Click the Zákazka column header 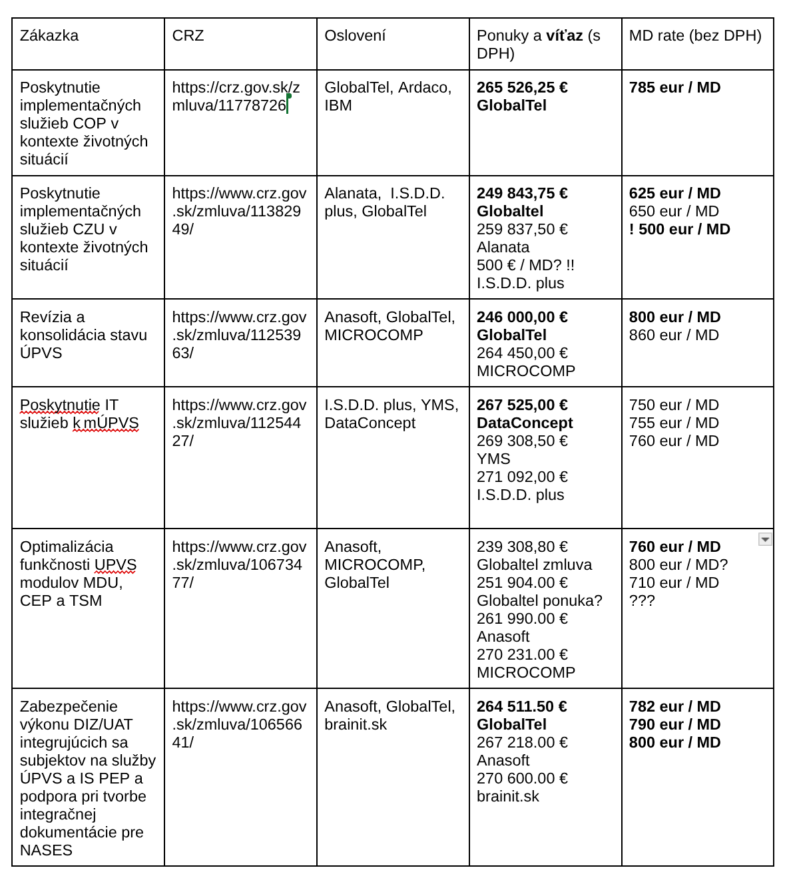[49, 36]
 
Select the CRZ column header [188, 36]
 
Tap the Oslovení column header [355, 36]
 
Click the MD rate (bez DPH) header [695, 36]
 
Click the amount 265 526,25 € [522, 88]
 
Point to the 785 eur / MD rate [674, 88]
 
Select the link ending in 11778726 [236, 97]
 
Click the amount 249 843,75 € [522, 194]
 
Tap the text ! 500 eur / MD [679, 230]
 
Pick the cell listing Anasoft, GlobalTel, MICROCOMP [390, 326]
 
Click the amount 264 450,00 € [522, 353]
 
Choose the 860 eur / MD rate [674, 335]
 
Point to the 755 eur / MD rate [674, 423]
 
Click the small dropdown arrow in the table [765, 539]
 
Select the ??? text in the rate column [642, 601]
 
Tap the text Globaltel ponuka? [539, 601]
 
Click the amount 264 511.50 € [522, 707]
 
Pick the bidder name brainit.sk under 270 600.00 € [508, 797]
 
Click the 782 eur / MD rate [674, 707]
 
